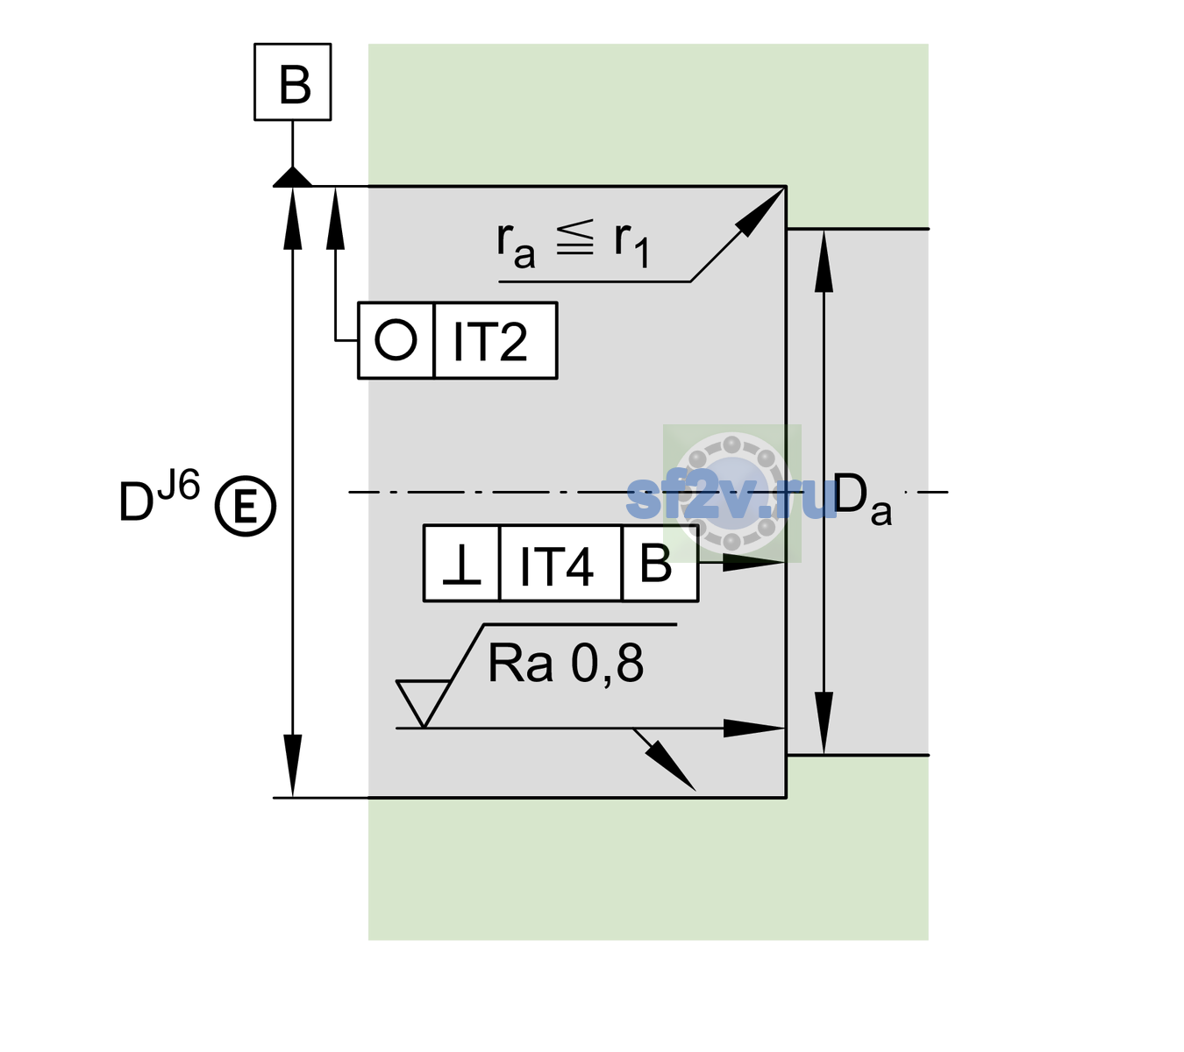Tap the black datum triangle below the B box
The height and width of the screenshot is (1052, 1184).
[292, 177]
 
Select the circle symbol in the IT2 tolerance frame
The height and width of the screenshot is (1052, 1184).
[396, 339]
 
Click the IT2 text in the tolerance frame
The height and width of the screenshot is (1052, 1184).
[490, 341]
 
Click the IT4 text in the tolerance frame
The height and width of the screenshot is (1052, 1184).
[556, 565]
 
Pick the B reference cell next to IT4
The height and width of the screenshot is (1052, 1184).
[660, 563]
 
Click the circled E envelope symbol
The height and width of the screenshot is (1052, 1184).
[245, 506]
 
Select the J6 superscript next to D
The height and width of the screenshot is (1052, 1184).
[179, 485]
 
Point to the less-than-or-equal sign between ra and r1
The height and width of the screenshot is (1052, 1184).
[574, 238]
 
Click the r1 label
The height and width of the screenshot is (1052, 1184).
[631, 244]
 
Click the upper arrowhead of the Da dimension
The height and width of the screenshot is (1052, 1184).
[824, 260]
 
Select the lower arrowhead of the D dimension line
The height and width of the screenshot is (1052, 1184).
[292, 764]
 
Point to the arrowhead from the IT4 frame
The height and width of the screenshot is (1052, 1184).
[752, 563]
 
